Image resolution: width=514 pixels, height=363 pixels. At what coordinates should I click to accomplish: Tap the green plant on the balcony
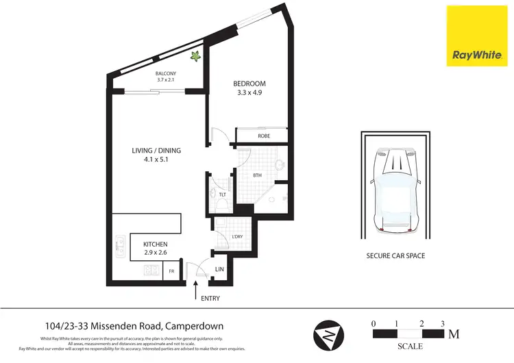point(195,58)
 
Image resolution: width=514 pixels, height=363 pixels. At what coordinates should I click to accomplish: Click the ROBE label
point(264,136)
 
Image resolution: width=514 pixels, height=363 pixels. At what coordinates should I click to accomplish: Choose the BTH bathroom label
point(258,175)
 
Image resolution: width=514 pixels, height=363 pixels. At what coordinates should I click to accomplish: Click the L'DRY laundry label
point(237,237)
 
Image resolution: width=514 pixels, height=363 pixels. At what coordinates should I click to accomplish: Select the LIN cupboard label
point(220,270)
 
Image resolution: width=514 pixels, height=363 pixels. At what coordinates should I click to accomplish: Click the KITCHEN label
point(155,244)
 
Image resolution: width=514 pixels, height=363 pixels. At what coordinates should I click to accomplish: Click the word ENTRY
point(210,298)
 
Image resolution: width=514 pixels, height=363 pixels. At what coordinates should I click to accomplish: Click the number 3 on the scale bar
point(443,323)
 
